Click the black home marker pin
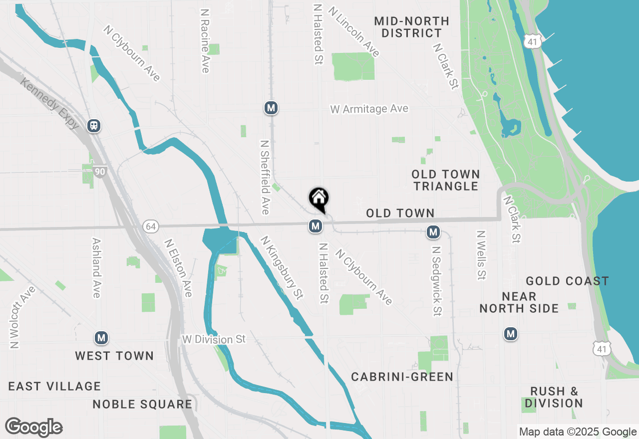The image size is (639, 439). [x=319, y=199]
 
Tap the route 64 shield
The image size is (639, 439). [x=150, y=226]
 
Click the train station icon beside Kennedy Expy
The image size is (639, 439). [x=93, y=125]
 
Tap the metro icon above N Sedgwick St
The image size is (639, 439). [x=433, y=232]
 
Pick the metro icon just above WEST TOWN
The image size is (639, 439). [x=101, y=338]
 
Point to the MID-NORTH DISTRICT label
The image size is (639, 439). [x=411, y=27]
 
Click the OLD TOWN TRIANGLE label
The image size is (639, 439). [x=446, y=180]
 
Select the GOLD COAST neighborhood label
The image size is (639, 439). [x=567, y=281]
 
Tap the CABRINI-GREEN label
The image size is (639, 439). [x=402, y=377]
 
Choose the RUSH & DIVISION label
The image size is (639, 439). [x=554, y=397]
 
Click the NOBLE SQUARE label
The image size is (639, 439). [x=142, y=404]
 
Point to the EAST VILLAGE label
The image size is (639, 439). [x=54, y=386]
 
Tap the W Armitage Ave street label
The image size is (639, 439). [x=369, y=109]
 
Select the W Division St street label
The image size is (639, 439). [x=214, y=340]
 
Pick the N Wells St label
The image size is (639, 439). [x=481, y=255]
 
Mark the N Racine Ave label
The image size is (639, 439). [x=204, y=40]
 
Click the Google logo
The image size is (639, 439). [x=33, y=427]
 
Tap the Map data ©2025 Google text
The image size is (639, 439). [x=578, y=432]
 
